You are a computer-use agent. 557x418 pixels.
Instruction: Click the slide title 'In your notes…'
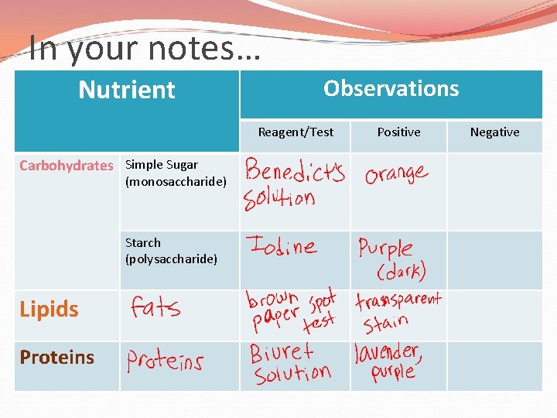tap(145, 50)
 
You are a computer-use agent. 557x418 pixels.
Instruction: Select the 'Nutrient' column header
tap(127, 90)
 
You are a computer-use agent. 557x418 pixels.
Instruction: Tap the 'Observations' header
tap(391, 88)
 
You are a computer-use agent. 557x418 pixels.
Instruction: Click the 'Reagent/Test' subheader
tap(296, 132)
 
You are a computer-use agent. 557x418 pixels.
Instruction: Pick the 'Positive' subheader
tap(398, 132)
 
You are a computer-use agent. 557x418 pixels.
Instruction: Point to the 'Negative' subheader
tap(494, 132)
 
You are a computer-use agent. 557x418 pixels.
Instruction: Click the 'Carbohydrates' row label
tap(66, 165)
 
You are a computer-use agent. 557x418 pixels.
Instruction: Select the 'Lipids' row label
tap(49, 309)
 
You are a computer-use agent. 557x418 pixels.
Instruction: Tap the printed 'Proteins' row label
tap(56, 357)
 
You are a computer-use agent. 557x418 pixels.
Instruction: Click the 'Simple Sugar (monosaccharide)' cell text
tap(176, 173)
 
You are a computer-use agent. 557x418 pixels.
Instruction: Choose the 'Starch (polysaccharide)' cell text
tap(171, 251)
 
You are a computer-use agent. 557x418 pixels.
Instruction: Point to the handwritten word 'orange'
tap(396, 173)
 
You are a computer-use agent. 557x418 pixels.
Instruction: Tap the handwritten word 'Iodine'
tap(281, 246)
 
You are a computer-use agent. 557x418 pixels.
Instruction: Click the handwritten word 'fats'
tap(155, 308)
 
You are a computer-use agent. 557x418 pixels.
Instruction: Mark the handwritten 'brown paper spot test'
tap(292, 310)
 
